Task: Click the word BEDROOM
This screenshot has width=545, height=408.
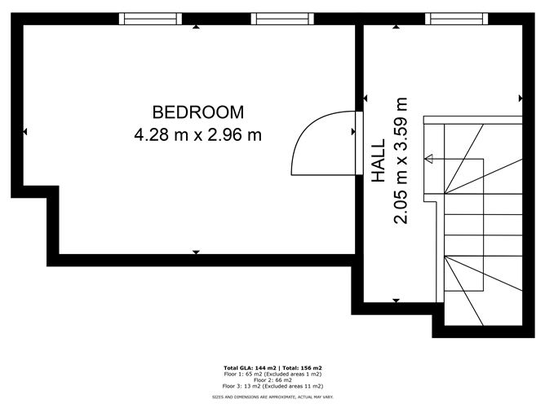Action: pyautogui.click(x=197, y=112)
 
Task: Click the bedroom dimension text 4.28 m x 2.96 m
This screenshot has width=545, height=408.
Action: pyautogui.click(x=197, y=134)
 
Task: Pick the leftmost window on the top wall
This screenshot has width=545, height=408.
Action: pyautogui.click(x=149, y=18)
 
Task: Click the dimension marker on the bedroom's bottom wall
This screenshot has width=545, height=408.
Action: pyautogui.click(x=196, y=252)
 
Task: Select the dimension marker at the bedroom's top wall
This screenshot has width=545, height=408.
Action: pyautogui.click(x=196, y=27)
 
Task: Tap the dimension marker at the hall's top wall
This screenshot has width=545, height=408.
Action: pyautogui.click(x=396, y=27)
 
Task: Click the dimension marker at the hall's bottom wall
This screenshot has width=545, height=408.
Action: pyautogui.click(x=396, y=301)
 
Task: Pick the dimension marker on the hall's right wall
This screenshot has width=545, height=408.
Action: pyautogui.click(x=520, y=99)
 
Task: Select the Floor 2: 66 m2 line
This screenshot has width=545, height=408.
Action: pyautogui.click(x=272, y=379)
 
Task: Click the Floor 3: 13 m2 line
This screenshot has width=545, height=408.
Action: pyautogui.click(x=272, y=386)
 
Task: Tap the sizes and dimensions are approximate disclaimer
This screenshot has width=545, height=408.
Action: pyautogui.click(x=272, y=397)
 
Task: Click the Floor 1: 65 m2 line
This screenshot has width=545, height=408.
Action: pyautogui.click(x=272, y=374)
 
